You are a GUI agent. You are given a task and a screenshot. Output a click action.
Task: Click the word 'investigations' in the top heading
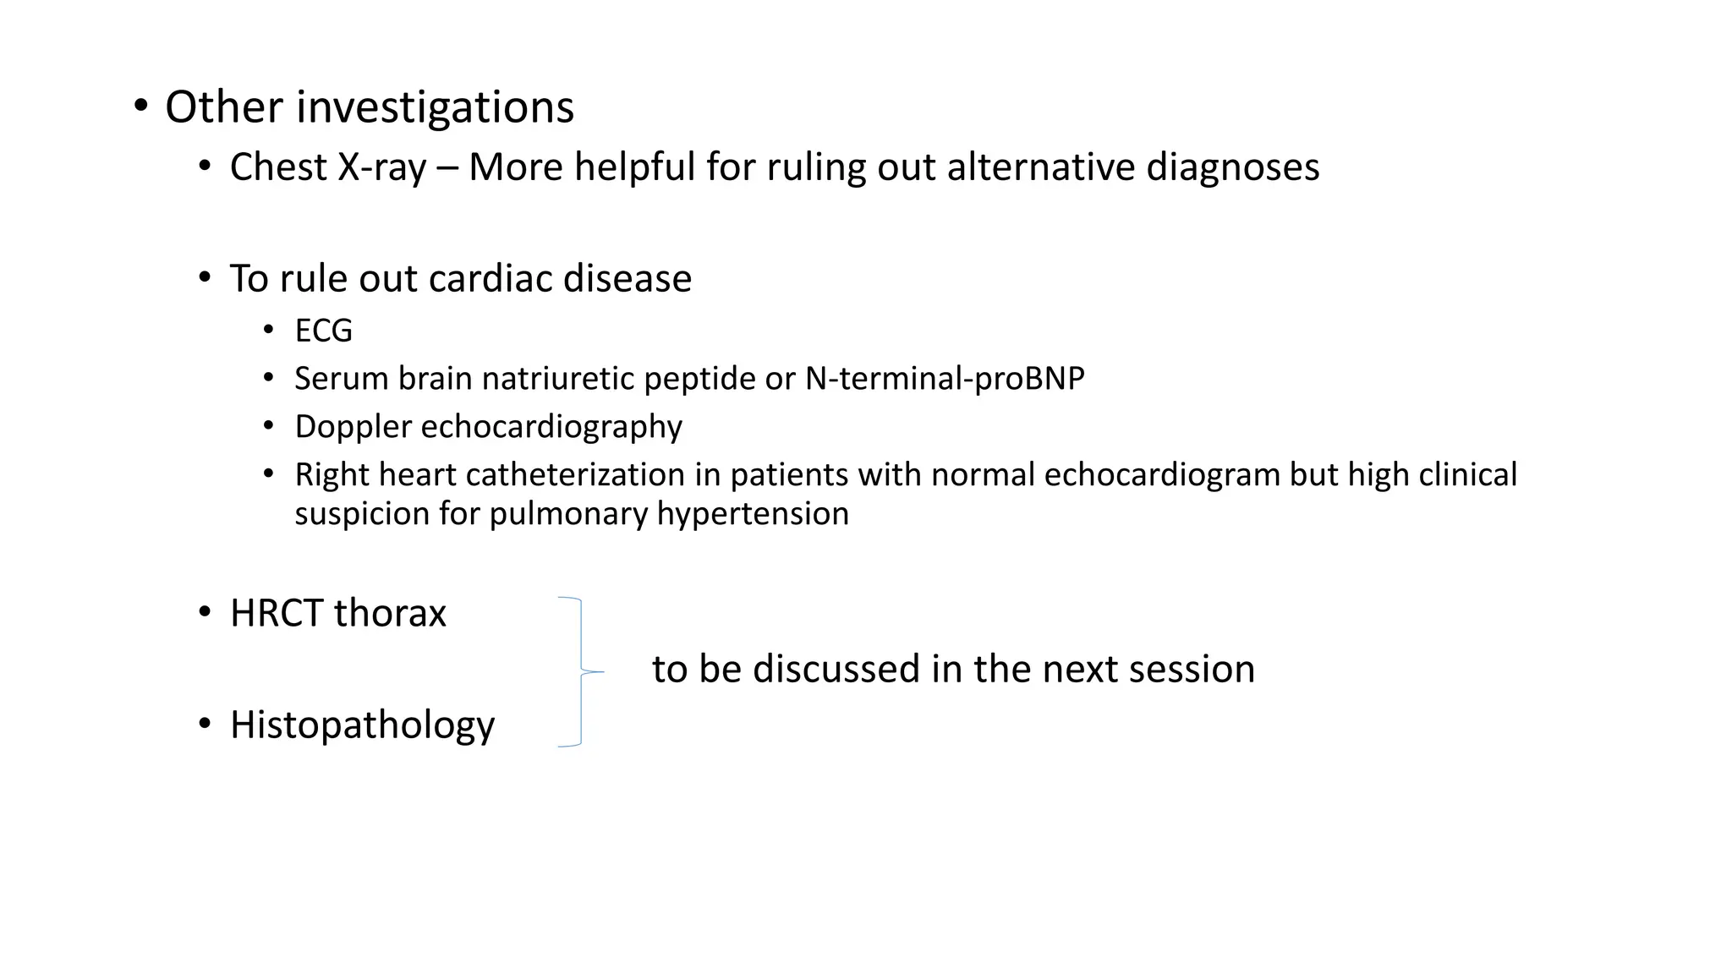pos(435,107)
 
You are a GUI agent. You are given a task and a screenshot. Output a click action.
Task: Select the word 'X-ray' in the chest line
pos(381,167)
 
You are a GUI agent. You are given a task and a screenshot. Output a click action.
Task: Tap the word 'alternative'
pos(1041,167)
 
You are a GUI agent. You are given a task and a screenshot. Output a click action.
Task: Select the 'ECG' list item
pos(323,331)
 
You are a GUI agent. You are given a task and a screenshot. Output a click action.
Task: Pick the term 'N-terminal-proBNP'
pos(944,378)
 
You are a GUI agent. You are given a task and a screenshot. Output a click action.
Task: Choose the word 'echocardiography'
pos(551,427)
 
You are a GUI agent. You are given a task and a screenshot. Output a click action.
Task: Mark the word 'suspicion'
pos(361,513)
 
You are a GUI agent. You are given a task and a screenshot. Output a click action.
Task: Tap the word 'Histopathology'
pos(362,725)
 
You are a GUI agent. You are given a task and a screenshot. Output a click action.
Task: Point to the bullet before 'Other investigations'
pos(140,107)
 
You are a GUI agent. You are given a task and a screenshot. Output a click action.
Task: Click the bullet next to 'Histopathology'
pos(205,725)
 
